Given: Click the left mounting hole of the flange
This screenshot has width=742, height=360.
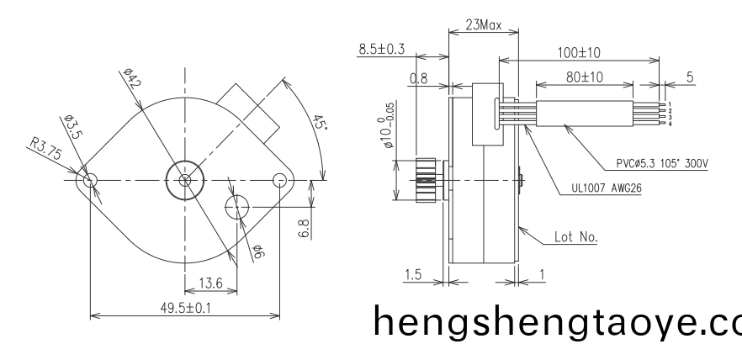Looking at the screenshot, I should click(x=91, y=180).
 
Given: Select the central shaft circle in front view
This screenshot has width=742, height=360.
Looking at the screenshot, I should click(x=185, y=180).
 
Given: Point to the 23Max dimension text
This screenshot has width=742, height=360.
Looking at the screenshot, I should click(x=483, y=24).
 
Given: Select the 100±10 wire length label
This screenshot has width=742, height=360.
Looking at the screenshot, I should click(x=578, y=51).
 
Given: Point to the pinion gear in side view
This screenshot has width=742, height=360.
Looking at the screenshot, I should click(x=429, y=180).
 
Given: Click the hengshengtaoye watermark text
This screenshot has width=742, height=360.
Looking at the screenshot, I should click(x=555, y=320).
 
